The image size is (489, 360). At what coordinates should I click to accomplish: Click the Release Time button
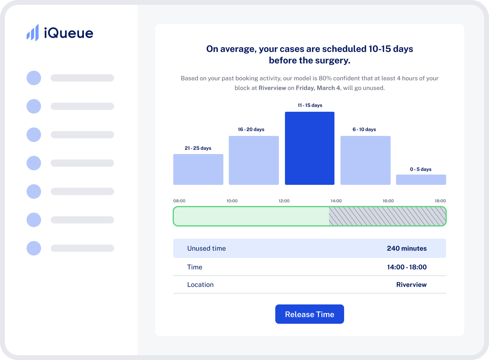point(309,314)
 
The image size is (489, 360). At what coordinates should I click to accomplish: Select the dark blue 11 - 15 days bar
point(309,148)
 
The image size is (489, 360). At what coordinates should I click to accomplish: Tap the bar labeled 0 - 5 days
point(421,180)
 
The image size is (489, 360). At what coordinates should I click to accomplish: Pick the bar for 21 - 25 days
point(198,169)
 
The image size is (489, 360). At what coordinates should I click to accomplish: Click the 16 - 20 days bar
point(254,160)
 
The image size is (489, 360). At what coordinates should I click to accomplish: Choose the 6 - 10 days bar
point(365,160)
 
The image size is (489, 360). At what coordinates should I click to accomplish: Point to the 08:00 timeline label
point(179,201)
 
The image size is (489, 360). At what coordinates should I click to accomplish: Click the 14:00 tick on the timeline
point(336,201)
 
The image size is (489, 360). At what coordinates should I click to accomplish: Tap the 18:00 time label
point(440,201)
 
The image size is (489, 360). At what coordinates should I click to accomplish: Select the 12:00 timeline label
point(284,201)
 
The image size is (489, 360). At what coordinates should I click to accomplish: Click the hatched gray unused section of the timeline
point(387,216)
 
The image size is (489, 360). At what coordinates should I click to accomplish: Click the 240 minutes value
point(407,248)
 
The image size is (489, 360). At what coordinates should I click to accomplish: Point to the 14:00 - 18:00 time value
point(407,267)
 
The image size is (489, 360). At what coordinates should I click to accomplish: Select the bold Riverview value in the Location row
point(411,284)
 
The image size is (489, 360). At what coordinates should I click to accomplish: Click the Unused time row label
point(206,248)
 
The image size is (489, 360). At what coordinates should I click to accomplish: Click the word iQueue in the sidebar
point(69,33)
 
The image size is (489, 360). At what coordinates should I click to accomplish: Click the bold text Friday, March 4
point(318,88)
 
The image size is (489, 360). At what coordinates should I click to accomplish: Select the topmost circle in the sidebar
point(34,78)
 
